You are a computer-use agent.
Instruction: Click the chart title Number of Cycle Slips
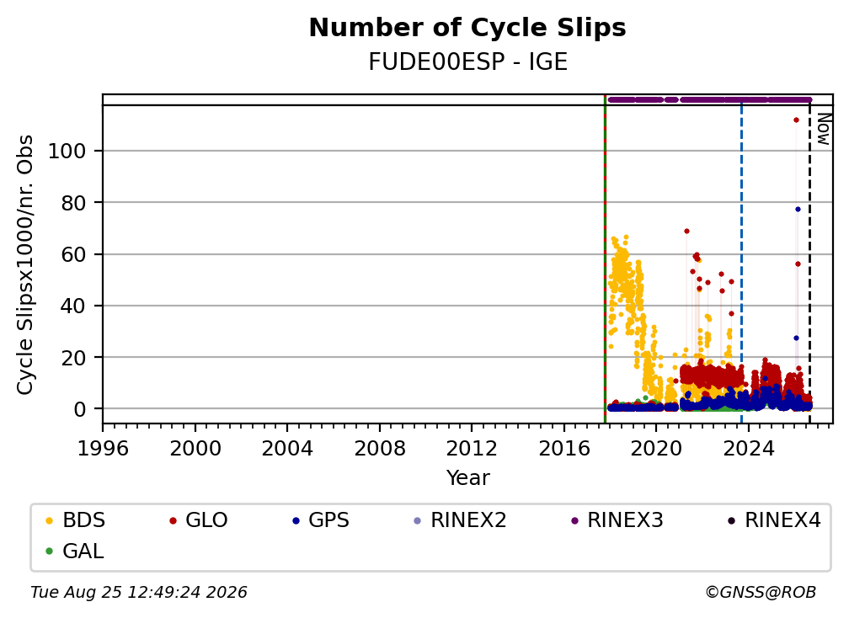click(x=467, y=28)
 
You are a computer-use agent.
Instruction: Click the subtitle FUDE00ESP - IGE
click(x=467, y=62)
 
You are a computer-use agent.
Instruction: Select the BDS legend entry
click(x=75, y=520)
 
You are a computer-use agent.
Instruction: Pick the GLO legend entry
click(x=198, y=520)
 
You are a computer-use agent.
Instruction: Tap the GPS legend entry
click(x=321, y=520)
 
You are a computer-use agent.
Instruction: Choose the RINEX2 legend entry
click(x=460, y=520)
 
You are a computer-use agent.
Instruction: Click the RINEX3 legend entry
click(x=617, y=520)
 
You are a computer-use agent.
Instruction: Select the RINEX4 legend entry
click(x=774, y=520)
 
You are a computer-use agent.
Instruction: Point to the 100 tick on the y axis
click(x=67, y=151)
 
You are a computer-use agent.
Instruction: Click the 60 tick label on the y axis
click(x=73, y=254)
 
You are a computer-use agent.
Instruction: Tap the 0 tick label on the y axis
click(x=80, y=409)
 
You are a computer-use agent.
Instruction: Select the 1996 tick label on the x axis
click(x=103, y=449)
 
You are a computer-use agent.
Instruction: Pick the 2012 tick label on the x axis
click(x=472, y=449)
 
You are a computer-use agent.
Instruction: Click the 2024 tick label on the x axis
click(x=748, y=449)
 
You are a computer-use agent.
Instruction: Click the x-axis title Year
click(x=467, y=478)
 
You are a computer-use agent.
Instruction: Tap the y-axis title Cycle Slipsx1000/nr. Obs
click(x=25, y=264)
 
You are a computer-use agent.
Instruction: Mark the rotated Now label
click(x=824, y=129)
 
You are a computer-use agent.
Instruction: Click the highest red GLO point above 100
click(x=796, y=120)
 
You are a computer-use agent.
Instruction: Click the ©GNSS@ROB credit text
click(x=761, y=592)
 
